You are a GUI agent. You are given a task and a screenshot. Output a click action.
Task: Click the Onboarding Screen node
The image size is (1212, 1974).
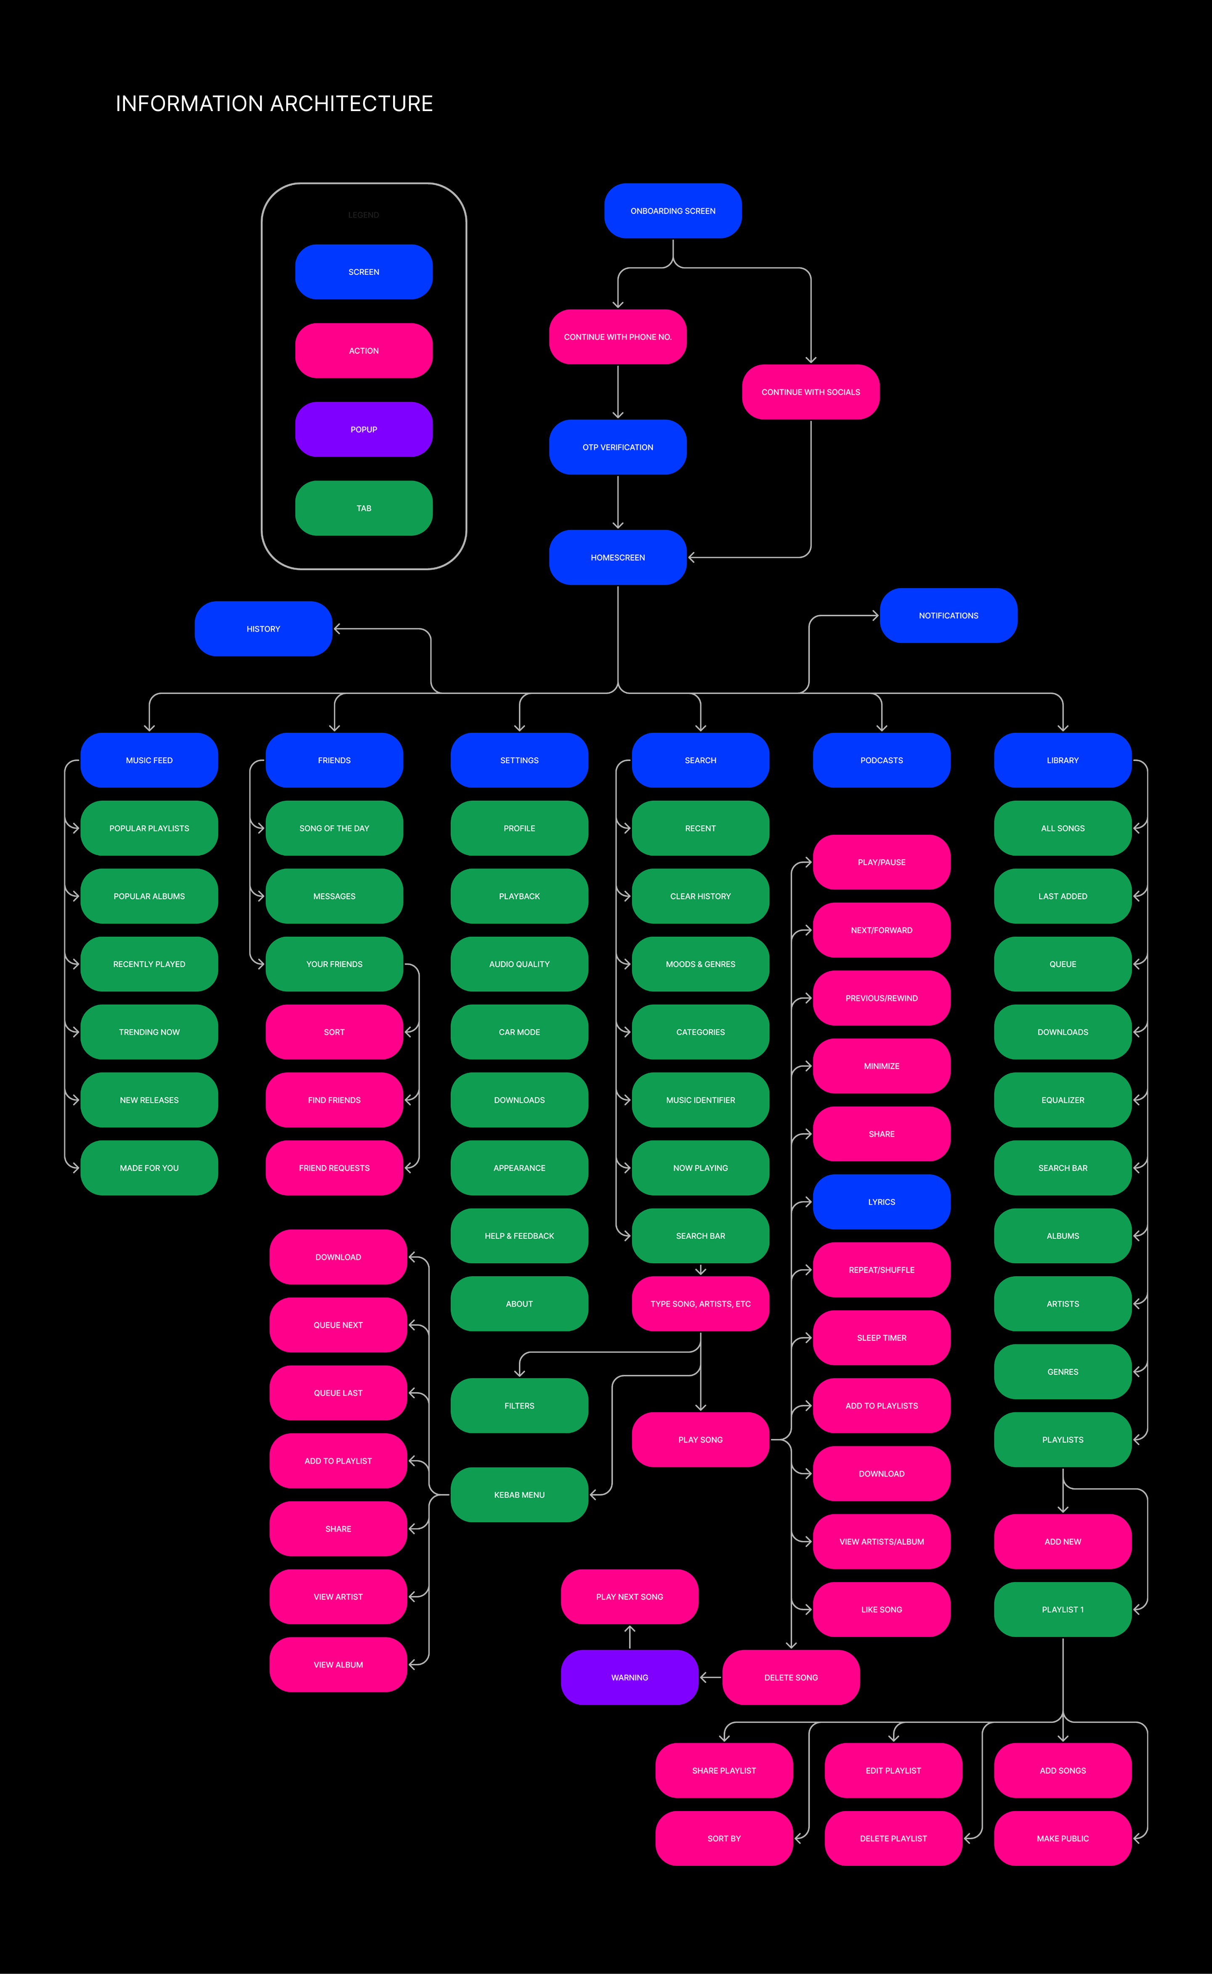(672, 211)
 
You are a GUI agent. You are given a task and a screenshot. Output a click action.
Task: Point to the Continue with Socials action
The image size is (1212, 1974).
(811, 392)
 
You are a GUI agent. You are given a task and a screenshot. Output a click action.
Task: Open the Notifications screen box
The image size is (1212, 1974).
(948, 616)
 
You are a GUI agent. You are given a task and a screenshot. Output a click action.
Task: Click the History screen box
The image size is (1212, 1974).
(263, 629)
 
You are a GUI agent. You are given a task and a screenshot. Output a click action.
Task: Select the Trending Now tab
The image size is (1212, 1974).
(149, 1032)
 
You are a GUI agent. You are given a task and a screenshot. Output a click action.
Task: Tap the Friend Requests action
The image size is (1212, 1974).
(334, 1168)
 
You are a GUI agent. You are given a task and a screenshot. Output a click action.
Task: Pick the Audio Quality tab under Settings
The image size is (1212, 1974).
(519, 964)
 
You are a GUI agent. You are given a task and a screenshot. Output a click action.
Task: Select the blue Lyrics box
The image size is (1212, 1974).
(882, 1202)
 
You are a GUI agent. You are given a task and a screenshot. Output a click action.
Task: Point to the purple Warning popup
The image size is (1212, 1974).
(629, 1677)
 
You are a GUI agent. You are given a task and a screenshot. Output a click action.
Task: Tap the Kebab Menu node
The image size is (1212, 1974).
(519, 1495)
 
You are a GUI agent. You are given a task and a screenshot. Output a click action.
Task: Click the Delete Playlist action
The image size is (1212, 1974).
(893, 1839)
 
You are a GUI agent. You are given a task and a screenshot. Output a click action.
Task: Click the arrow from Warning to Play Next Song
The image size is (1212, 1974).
(630, 1637)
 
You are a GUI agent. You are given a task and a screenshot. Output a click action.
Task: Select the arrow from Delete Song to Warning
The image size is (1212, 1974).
(710, 1677)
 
